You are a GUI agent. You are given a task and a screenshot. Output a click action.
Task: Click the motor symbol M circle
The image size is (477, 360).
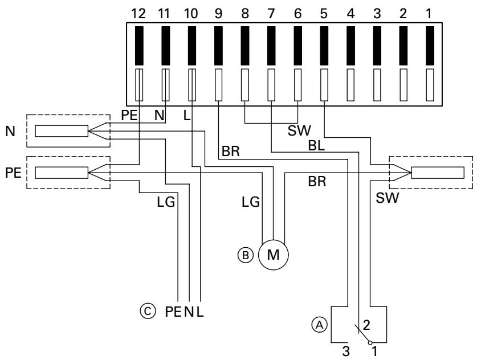pyautogui.click(x=273, y=253)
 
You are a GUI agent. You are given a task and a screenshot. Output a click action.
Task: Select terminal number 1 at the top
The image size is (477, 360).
pyautogui.click(x=430, y=13)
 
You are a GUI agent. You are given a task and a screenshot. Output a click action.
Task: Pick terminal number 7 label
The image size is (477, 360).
pyautogui.click(x=271, y=13)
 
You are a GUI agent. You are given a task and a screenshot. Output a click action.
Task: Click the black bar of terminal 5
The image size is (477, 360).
pyautogui.click(x=324, y=45)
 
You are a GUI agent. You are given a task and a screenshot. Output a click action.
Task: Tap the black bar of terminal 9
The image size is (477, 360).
pyautogui.click(x=218, y=45)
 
